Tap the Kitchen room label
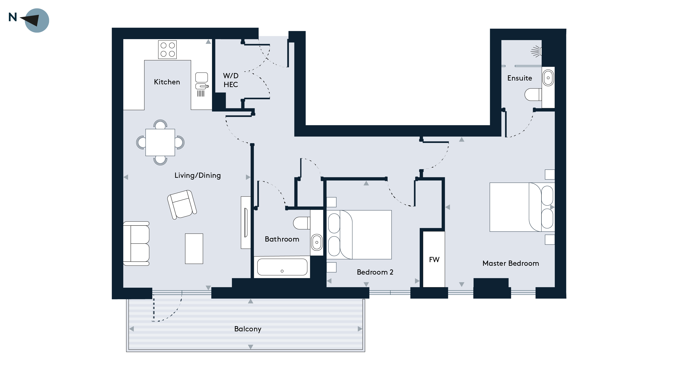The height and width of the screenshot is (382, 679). coord(167,82)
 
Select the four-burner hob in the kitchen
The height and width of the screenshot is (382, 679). coord(167,50)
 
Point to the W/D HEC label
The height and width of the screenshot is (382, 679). coord(231,80)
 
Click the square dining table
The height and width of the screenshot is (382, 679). coord(160,142)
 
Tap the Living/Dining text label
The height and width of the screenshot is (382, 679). coord(198,176)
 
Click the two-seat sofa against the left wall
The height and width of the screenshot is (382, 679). coord(136,243)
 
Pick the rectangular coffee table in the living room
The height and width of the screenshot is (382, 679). coord(194,249)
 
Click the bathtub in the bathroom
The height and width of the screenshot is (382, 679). coord(282,267)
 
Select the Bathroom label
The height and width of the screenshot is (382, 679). coord(282,239)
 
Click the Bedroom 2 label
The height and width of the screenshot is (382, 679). coord(375,272)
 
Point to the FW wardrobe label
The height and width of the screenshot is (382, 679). coord(434,260)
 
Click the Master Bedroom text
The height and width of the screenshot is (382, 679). coord(511,263)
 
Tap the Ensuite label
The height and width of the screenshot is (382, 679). coord(519,78)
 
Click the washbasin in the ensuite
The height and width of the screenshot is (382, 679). coord(548,78)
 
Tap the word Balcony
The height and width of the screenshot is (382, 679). coord(248,329)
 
